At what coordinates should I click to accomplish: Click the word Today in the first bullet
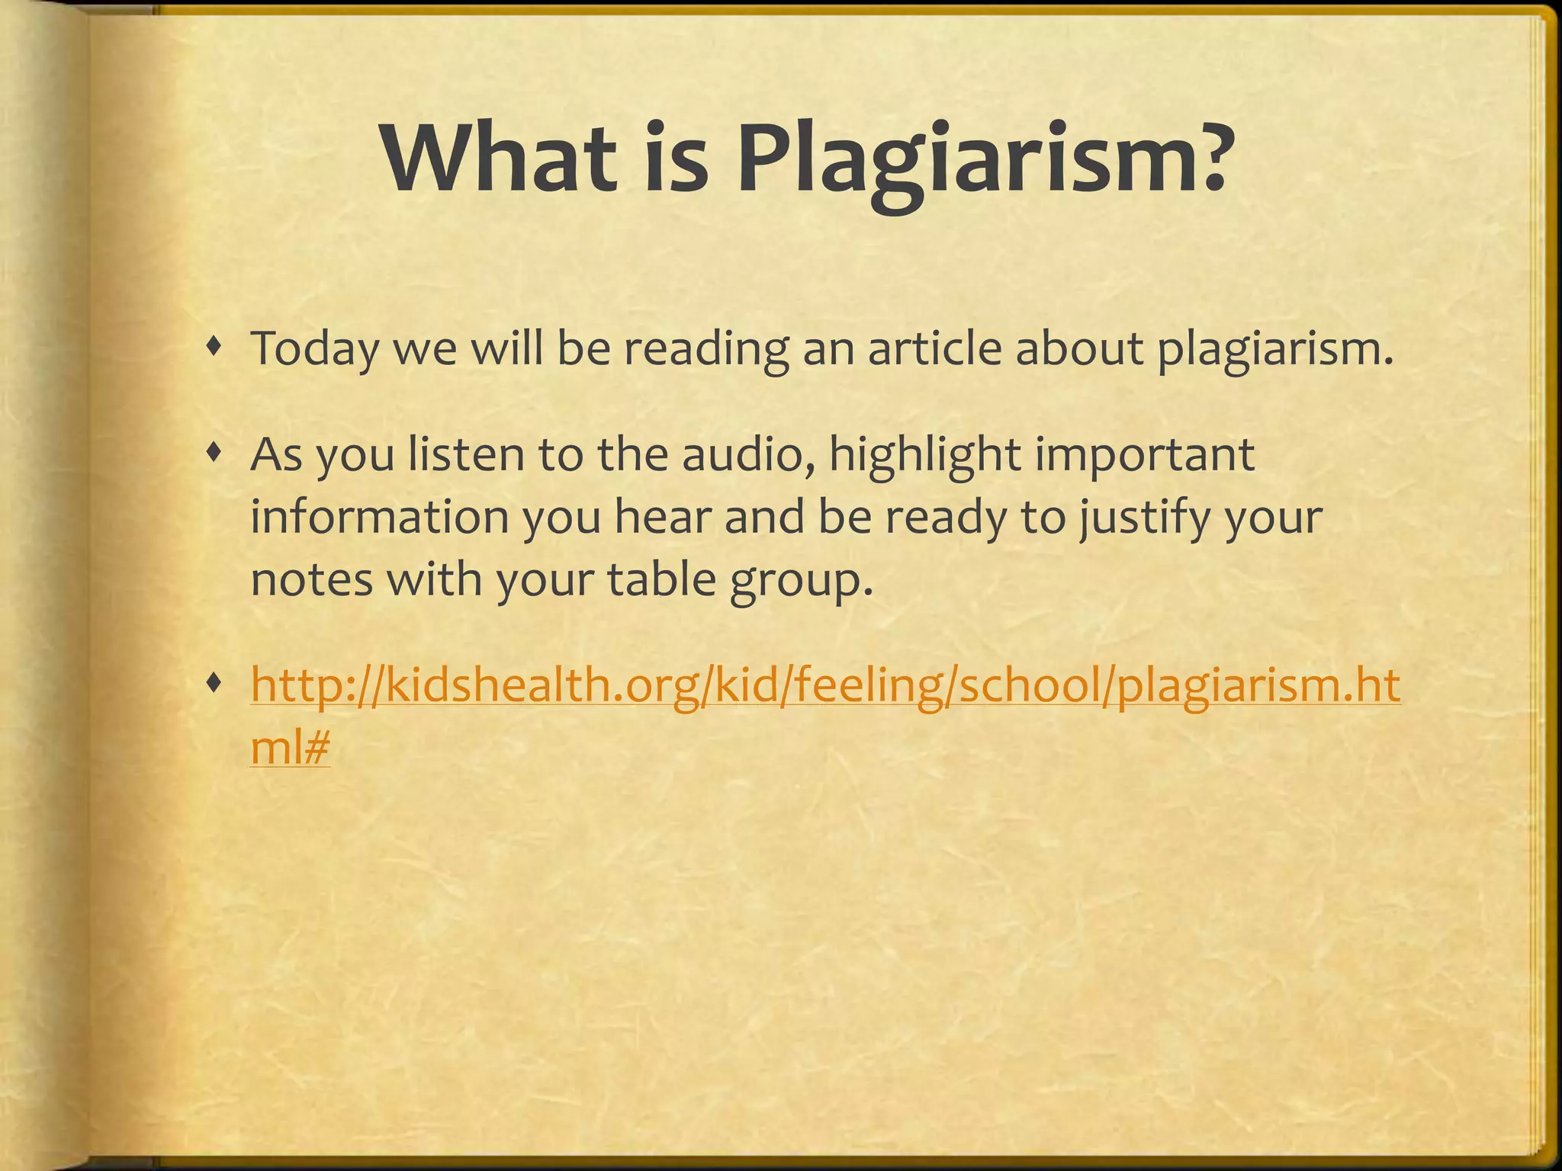click(x=314, y=349)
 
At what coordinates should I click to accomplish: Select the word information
click(x=379, y=518)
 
